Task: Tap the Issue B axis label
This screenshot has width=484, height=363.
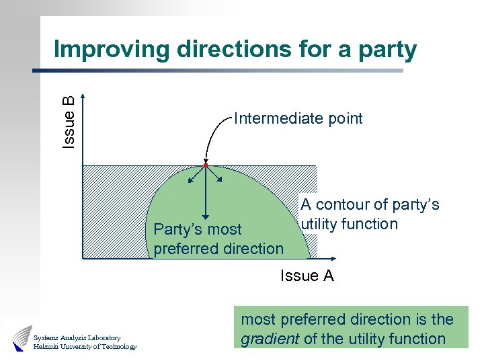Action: pos(69,122)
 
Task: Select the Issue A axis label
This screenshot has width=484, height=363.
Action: pos(307,276)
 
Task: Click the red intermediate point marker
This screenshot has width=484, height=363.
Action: pos(205,165)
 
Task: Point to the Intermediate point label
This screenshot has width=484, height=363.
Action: pos(298,119)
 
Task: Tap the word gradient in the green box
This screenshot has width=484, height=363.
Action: pos(270,339)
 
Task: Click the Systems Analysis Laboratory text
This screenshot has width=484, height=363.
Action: pos(77,337)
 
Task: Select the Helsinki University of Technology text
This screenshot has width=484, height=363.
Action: pos(85,347)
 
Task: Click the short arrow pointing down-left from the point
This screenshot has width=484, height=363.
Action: pos(195,175)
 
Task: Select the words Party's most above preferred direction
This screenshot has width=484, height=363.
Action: pos(198,229)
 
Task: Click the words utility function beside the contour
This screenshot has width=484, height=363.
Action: pos(349,224)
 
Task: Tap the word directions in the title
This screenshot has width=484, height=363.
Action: pos(241,49)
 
